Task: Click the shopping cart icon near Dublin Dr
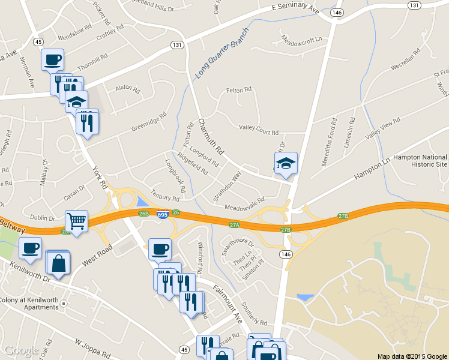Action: pyautogui.click(x=76, y=221)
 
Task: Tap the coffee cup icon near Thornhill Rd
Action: pyautogui.click(x=53, y=59)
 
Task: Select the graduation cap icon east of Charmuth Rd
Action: pyautogui.click(x=286, y=163)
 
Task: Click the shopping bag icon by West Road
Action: pyautogui.click(x=58, y=263)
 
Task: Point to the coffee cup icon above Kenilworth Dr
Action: pyautogui.click(x=30, y=248)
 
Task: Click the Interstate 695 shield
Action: pyautogui.click(x=163, y=215)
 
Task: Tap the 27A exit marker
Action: pyautogui.click(x=235, y=224)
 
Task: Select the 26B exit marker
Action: pyautogui.click(x=143, y=213)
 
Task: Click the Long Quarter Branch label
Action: pyautogui.click(x=221, y=54)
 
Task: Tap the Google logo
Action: pyautogui.click(x=22, y=351)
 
